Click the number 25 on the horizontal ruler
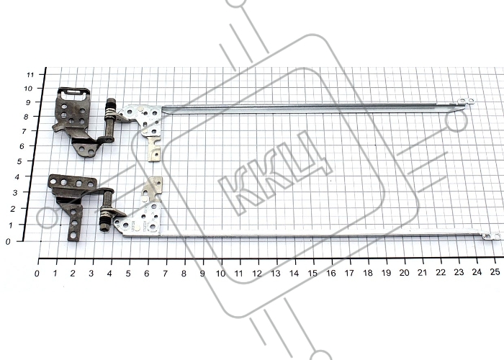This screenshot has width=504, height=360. pyautogui.click(x=495, y=272)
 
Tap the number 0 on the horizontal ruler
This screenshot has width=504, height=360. pyautogui.click(x=37, y=274)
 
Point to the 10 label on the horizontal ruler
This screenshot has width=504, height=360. pyautogui.click(x=220, y=274)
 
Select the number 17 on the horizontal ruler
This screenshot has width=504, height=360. pyautogui.click(x=349, y=273)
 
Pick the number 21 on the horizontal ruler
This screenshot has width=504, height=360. pyautogui.click(x=422, y=273)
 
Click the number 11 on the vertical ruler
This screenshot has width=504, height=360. pyautogui.click(x=30, y=75)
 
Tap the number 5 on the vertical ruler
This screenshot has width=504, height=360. pyautogui.click(x=19, y=161)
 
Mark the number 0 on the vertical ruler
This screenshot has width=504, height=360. pyautogui.click(x=8, y=242)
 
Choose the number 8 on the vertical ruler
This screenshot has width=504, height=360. pyautogui.click(x=26, y=117)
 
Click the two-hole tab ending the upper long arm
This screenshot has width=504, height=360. pyautogui.click(x=466, y=102)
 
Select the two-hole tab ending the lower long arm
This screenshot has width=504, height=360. pyautogui.click(x=492, y=237)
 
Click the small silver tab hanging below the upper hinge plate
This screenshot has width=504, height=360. pyautogui.click(x=154, y=151)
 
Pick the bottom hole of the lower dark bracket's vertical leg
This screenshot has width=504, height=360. pyautogui.click(x=73, y=235)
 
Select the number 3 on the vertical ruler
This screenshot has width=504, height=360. pyautogui.click(x=14, y=192)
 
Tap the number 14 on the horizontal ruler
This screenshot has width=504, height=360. pyautogui.click(x=294, y=273)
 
